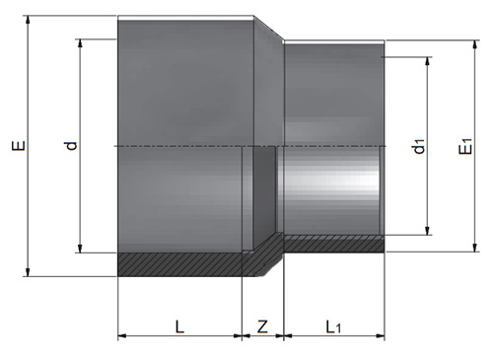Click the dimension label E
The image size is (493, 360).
(19, 146)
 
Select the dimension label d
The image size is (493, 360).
(72, 146)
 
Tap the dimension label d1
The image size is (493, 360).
(419, 146)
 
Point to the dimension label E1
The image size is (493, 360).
(466, 146)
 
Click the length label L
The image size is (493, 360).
(179, 327)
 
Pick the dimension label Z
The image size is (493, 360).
(262, 327)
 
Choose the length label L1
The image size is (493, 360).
(333, 327)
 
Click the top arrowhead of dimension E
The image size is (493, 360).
(28, 20)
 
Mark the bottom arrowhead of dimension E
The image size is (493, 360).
(28, 272)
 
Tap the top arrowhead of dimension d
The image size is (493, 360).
(80, 43)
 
